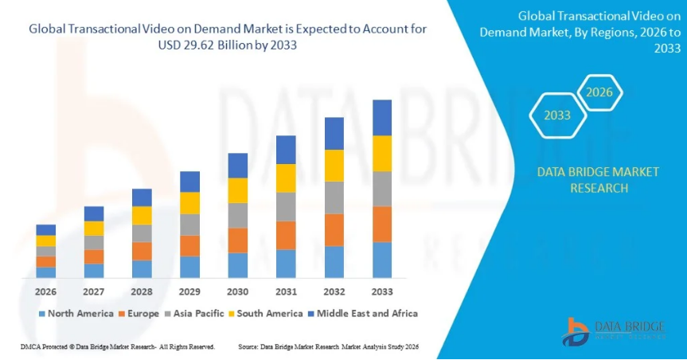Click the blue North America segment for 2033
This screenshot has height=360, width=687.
(382, 260)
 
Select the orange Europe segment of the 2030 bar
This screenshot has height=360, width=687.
(238, 240)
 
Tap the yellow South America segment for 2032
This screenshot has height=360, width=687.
(334, 165)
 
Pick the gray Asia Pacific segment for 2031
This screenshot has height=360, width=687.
(286, 206)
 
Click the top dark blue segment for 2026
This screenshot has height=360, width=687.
(46, 229)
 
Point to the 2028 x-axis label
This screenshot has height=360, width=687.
(142, 292)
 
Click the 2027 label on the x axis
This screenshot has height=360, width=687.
(94, 292)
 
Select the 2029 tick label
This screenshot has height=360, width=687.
(189, 292)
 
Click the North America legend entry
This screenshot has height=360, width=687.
(76, 314)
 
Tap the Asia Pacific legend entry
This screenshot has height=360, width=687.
(195, 314)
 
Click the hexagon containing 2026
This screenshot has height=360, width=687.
(599, 92)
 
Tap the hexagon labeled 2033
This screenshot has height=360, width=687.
(557, 115)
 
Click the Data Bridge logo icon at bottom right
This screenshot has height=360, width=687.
(576, 330)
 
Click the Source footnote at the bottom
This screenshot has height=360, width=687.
(328, 347)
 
